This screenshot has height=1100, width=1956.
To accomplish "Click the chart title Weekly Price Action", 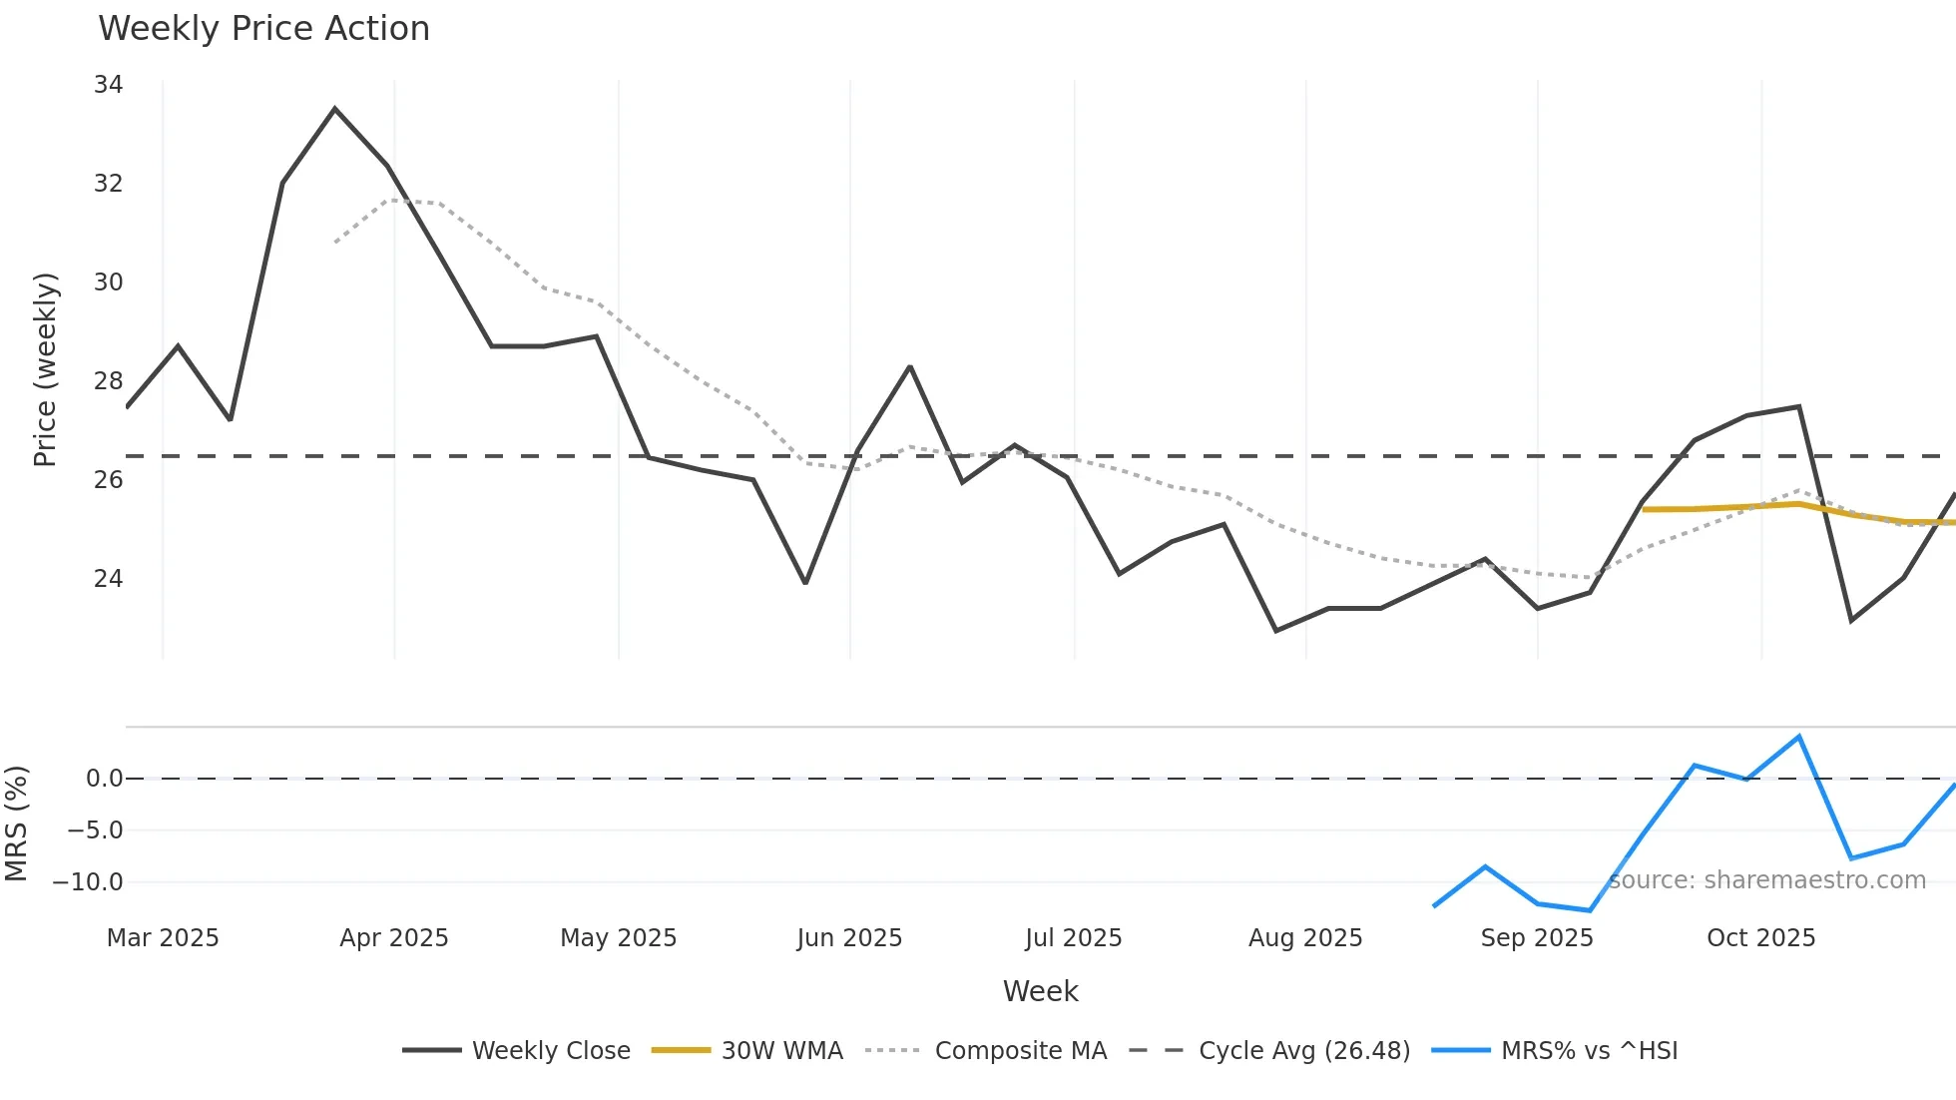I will [x=263, y=28].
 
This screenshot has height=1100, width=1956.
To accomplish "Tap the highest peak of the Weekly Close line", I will [x=334, y=109].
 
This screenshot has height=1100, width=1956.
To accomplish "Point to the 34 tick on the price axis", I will [x=108, y=85].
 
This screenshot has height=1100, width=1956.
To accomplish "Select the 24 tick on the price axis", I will [x=108, y=579].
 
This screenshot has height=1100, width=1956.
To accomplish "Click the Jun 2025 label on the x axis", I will [x=849, y=938].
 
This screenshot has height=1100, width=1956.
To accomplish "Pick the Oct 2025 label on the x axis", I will [x=1760, y=938].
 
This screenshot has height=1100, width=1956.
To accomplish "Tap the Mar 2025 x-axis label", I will [x=163, y=938].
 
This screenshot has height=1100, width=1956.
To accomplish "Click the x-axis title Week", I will [x=1040, y=991].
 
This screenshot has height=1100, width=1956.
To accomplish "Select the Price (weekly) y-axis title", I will [x=46, y=369].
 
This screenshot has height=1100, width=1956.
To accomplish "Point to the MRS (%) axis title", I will [x=16, y=824].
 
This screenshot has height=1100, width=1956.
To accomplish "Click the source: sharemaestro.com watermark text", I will [x=1766, y=880].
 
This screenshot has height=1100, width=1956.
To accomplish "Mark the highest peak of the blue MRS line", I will [x=1798, y=737].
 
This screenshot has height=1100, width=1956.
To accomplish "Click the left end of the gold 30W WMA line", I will [x=1644, y=509].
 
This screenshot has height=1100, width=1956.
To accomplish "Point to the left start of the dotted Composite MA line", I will [x=335, y=242].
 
